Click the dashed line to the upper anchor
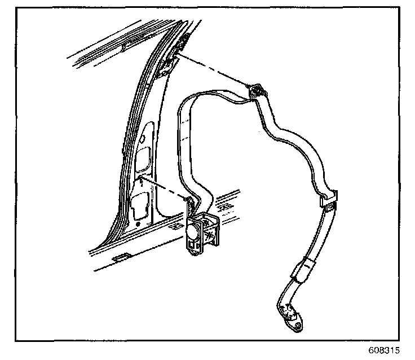click(x=214, y=71)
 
